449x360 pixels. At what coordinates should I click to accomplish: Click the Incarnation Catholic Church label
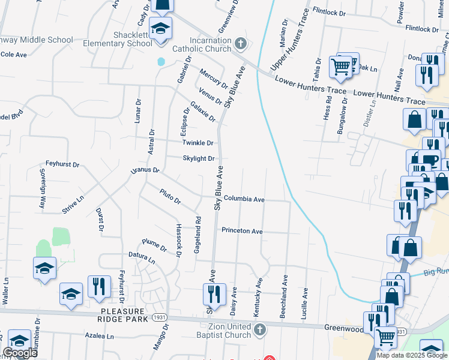point(201,49)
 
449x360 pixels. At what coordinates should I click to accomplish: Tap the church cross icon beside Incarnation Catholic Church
point(240,44)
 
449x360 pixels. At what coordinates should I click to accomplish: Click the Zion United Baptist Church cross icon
point(259,329)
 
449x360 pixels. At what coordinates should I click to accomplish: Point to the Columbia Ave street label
point(244,199)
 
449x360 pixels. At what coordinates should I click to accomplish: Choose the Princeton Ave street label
point(242,230)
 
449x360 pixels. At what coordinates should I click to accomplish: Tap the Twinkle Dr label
point(198,143)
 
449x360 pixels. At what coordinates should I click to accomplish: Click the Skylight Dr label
point(199,158)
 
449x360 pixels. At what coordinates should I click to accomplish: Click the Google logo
point(20,353)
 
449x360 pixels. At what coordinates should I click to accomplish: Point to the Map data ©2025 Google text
point(412,355)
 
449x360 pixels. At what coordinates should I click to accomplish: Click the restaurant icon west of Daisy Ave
point(212,293)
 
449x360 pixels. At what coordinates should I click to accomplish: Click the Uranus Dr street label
point(145,171)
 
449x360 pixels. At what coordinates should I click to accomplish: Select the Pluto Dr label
point(170,196)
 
